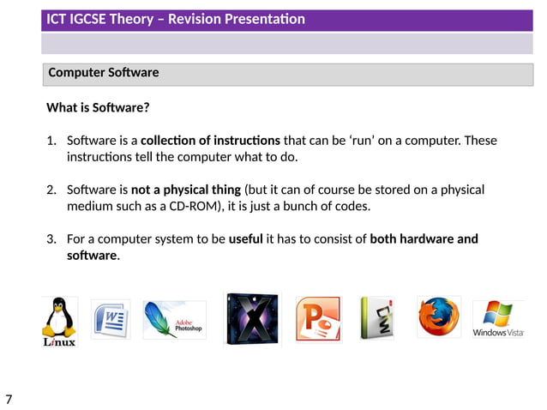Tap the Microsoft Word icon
pos(110,319)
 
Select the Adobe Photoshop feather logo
pos(173,319)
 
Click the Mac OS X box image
pos(251,319)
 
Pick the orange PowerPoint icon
pos(317,319)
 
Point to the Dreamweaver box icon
pos(376,318)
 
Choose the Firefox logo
pos(438,317)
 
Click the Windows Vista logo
pos(498,319)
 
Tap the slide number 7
pos(9,399)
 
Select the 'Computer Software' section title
pos(103,73)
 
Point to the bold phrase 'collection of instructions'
pos(210,140)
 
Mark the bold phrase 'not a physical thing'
pos(186,190)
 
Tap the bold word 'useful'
pos(245,238)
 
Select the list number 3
pos(51,238)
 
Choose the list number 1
pos(51,140)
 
